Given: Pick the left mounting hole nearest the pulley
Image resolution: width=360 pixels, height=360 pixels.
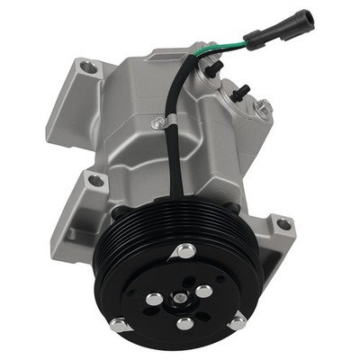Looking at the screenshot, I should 94,181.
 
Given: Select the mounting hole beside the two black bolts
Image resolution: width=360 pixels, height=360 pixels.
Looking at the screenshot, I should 263,108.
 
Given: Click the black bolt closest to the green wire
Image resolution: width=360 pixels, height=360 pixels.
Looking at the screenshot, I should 214,67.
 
